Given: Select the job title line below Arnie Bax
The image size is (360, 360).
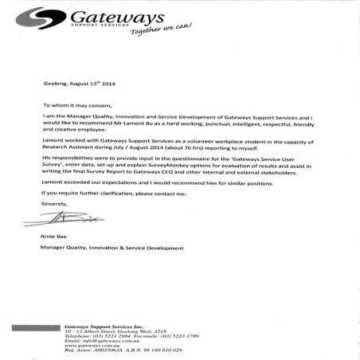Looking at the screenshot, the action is pos(112,248).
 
